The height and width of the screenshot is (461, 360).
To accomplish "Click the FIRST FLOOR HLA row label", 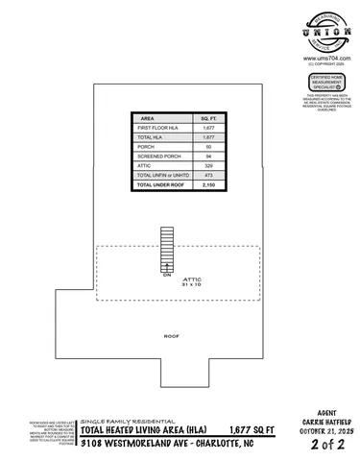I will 159,128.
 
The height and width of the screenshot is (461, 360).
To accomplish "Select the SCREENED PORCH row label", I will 157,156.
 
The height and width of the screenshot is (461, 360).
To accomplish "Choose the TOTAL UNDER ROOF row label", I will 162,184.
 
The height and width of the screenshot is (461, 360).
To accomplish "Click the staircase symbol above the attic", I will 167,249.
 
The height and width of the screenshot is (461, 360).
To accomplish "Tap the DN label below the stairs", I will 167,275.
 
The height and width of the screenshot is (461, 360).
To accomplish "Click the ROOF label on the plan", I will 172,336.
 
